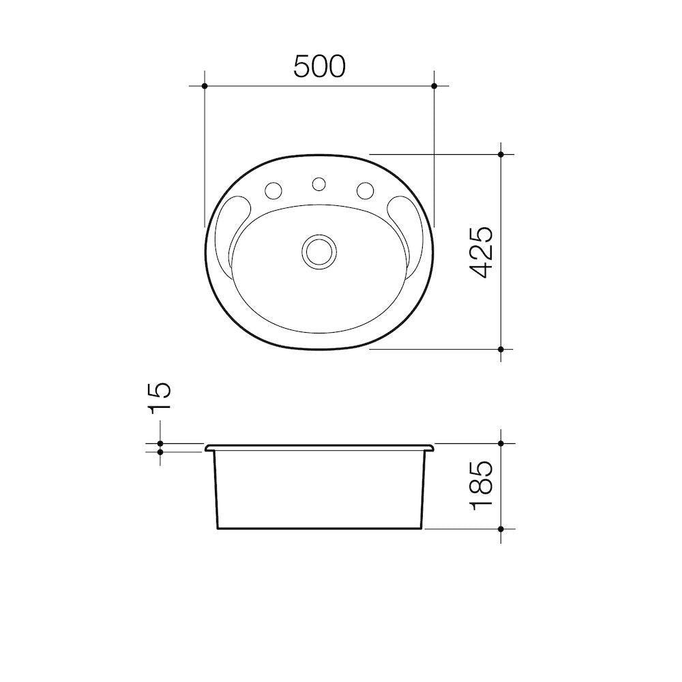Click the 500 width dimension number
[x=319, y=67]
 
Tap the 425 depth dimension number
[x=482, y=252]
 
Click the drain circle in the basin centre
[x=318, y=251]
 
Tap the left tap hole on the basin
[x=273, y=190]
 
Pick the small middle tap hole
[x=318, y=184]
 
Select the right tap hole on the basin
[x=366, y=190]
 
